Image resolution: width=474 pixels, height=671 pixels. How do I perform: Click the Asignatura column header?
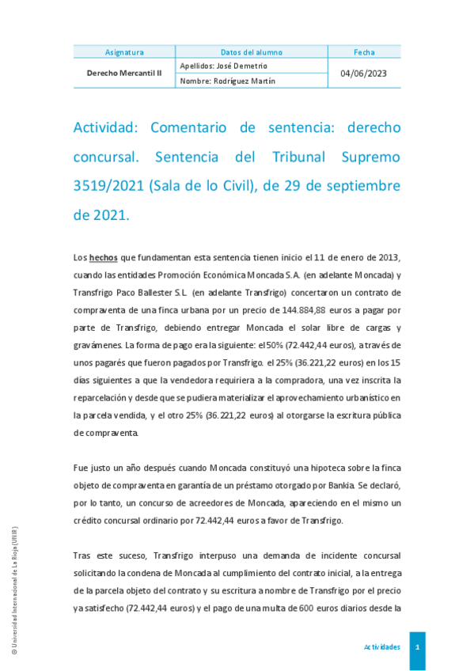click(x=124, y=52)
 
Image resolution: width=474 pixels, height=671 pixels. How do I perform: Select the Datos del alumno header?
click(x=251, y=52)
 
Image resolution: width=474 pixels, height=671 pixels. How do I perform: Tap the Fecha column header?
click(x=364, y=52)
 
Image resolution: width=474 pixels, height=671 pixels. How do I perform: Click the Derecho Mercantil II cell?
click(x=124, y=73)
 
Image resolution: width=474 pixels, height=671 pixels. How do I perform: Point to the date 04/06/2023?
click(x=364, y=73)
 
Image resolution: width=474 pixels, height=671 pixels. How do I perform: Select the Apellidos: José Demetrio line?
click(x=224, y=66)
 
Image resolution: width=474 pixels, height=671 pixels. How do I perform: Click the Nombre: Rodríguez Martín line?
click(x=228, y=81)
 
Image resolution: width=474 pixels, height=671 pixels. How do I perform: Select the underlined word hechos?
click(x=103, y=258)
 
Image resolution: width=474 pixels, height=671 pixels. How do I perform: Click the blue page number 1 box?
click(x=417, y=647)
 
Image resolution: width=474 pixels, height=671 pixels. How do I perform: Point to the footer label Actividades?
click(x=381, y=647)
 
